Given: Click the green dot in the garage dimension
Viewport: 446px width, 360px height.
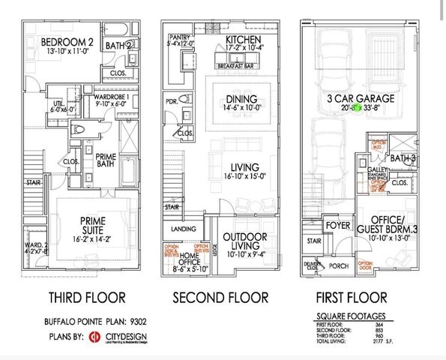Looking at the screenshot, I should coord(357,108).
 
